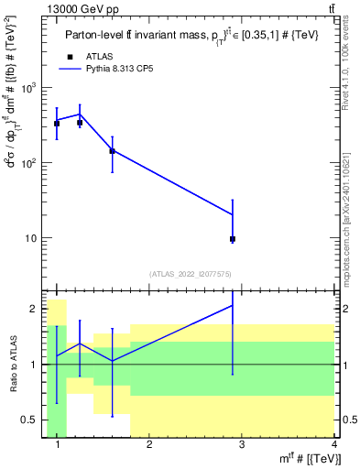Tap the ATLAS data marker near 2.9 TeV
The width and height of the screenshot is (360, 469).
(233, 239)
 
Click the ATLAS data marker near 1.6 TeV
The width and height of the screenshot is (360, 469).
(112, 150)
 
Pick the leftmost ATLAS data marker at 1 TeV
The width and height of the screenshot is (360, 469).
(57, 123)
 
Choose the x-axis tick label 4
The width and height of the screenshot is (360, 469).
(334, 445)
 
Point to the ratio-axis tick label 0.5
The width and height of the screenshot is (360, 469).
(29, 420)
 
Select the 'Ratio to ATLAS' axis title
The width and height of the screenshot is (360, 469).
(12, 364)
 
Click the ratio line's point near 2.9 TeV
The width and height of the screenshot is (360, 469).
(233, 305)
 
